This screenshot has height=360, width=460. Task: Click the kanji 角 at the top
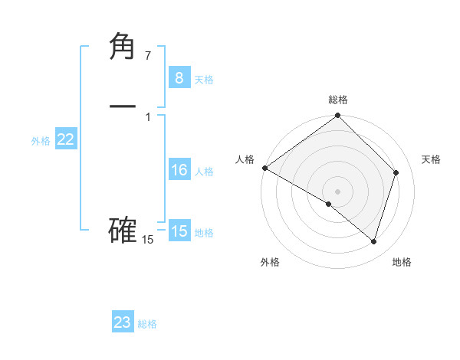click(x=123, y=47)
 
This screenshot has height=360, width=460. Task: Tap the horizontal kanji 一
click(x=123, y=106)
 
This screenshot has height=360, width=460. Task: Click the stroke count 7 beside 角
click(x=148, y=56)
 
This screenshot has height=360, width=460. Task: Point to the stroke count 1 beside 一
click(x=148, y=116)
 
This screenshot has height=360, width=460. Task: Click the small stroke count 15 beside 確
click(x=148, y=240)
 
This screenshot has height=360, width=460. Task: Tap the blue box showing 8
click(x=179, y=77)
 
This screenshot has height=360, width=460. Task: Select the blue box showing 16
click(x=179, y=170)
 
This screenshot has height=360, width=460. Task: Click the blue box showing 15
click(x=179, y=231)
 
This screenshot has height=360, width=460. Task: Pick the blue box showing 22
click(x=66, y=139)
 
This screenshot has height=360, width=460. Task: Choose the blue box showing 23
click(x=123, y=322)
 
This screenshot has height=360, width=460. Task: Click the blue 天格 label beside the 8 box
click(x=204, y=79)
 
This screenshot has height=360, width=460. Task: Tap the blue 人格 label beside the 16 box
click(x=204, y=172)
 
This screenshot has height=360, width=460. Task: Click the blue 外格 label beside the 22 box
click(x=41, y=141)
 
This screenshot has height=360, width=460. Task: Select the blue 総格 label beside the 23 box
click(x=147, y=324)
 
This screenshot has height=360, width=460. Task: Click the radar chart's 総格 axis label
click(x=338, y=100)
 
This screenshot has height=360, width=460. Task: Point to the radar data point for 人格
click(x=264, y=168)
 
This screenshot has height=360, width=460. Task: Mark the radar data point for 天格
click(x=396, y=172)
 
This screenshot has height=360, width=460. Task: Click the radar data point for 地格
click(x=373, y=241)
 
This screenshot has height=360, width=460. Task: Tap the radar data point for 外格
click(x=329, y=204)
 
